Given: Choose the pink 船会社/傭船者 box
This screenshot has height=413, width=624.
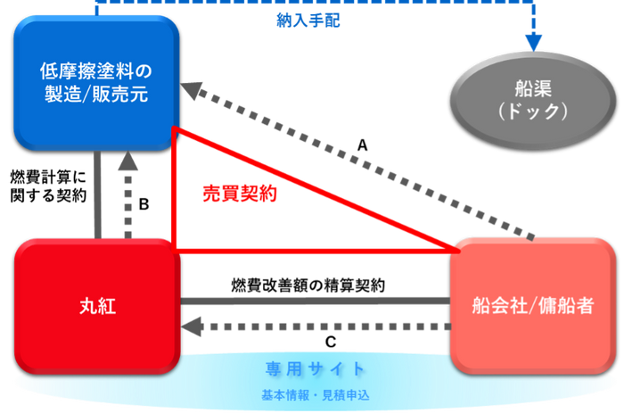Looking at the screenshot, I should (x=533, y=306).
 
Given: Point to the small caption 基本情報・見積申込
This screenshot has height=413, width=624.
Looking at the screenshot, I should (x=315, y=392).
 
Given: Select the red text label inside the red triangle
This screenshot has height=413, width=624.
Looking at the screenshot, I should (x=237, y=194).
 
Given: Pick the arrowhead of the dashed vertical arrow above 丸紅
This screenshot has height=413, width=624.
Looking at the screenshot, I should (x=128, y=163).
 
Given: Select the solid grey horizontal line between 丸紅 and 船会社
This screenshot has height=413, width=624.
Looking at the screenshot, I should (x=316, y=299).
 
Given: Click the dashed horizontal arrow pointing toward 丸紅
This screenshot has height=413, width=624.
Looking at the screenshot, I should (x=316, y=328).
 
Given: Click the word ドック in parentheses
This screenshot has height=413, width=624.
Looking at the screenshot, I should (x=535, y=112).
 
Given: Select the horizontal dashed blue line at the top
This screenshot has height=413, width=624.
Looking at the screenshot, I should (x=312, y=4).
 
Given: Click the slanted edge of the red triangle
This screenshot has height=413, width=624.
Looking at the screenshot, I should (x=312, y=189).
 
